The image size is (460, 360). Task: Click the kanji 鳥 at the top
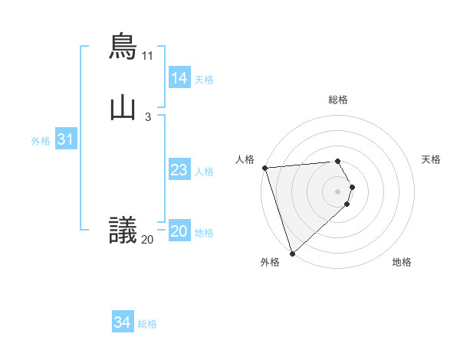coord(123,45)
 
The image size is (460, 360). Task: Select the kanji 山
coord(123,108)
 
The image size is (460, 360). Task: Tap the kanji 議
coord(123,230)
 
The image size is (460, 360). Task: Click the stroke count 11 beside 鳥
coord(147,56)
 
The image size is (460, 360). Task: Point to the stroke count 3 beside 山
coord(147,117)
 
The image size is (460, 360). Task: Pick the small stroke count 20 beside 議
coord(147,240)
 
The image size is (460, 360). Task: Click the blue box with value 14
coord(179,78)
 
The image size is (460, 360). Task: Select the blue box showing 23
coord(179,170)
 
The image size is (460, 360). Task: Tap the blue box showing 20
coord(179,232)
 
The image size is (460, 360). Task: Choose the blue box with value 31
coord(65,140)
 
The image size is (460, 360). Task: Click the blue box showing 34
coord(122,323)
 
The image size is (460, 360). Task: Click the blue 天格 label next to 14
coord(204,79)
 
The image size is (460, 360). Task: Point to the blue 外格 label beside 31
coord(41,141)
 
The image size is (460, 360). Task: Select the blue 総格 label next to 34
coord(147,324)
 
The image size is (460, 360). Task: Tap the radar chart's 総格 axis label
coord(338,100)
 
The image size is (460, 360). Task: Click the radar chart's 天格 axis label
coord(431,159)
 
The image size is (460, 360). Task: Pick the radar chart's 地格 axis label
coord(402,263)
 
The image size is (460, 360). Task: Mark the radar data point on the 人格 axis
coord(264,168)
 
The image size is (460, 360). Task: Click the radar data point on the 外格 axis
coord(292,253)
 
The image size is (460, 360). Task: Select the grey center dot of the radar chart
coord(338,191)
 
